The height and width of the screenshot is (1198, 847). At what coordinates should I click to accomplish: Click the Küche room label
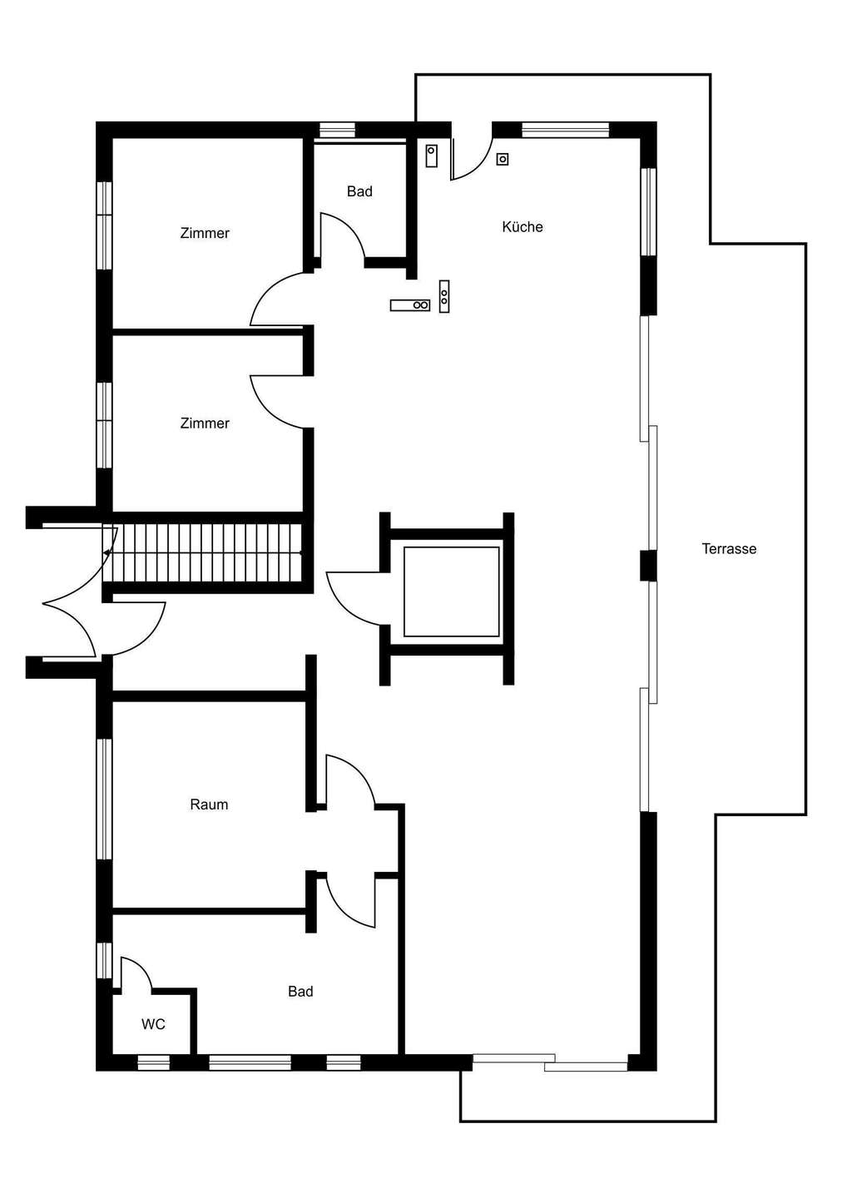coord(523,227)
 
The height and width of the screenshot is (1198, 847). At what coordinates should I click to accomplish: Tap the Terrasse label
coord(729,549)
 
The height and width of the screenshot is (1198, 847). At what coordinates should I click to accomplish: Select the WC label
coord(153,1024)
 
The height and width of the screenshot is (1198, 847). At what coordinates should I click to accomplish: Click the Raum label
coord(209,804)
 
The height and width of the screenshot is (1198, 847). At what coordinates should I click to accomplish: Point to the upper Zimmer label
coord(205,233)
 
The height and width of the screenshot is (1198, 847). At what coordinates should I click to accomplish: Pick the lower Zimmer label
coord(205,423)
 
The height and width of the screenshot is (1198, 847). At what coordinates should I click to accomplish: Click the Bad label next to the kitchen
coord(359,191)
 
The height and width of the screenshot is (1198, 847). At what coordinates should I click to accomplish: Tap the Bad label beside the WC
coord(300,991)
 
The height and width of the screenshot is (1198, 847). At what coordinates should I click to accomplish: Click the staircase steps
coord(202,553)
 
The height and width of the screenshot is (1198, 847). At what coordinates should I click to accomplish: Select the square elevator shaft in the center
coord(451,591)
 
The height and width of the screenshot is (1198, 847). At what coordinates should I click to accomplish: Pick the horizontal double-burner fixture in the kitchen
coord(410,304)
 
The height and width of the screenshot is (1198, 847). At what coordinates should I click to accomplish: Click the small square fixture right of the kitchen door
coord(502,159)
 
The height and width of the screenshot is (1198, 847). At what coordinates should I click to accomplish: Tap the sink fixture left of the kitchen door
coord(431,156)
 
